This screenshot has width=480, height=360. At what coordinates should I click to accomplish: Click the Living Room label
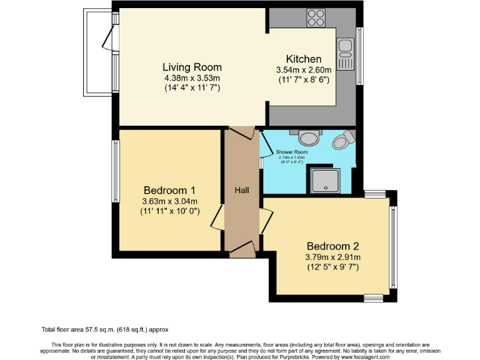point(192,67)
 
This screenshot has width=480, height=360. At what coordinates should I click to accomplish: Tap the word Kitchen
point(303,59)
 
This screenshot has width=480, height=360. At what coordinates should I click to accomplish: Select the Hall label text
point(242,189)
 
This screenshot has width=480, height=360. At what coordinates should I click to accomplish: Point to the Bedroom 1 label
point(169,190)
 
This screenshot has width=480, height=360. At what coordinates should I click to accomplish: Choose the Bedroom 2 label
point(332,246)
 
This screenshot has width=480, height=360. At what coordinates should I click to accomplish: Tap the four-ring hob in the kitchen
point(316,17)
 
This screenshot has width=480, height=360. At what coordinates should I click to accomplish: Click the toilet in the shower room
point(341,140)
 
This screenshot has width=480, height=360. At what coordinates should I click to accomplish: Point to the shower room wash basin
point(308,136)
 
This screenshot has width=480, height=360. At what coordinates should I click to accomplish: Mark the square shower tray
point(323,181)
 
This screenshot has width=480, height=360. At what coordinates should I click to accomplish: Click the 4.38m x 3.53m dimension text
point(192,78)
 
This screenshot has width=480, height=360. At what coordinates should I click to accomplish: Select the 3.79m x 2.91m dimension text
point(332,257)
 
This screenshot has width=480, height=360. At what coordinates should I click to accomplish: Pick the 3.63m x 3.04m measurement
point(169,201)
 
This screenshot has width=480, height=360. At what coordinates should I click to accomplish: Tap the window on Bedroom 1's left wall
point(115,171)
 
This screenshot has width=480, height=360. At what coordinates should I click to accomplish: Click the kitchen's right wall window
point(359,56)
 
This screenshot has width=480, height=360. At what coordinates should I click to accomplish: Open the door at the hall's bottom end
point(242,251)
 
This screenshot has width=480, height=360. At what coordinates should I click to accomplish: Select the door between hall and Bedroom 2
point(267,221)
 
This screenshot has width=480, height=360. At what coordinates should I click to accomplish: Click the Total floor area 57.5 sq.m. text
point(105,329)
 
